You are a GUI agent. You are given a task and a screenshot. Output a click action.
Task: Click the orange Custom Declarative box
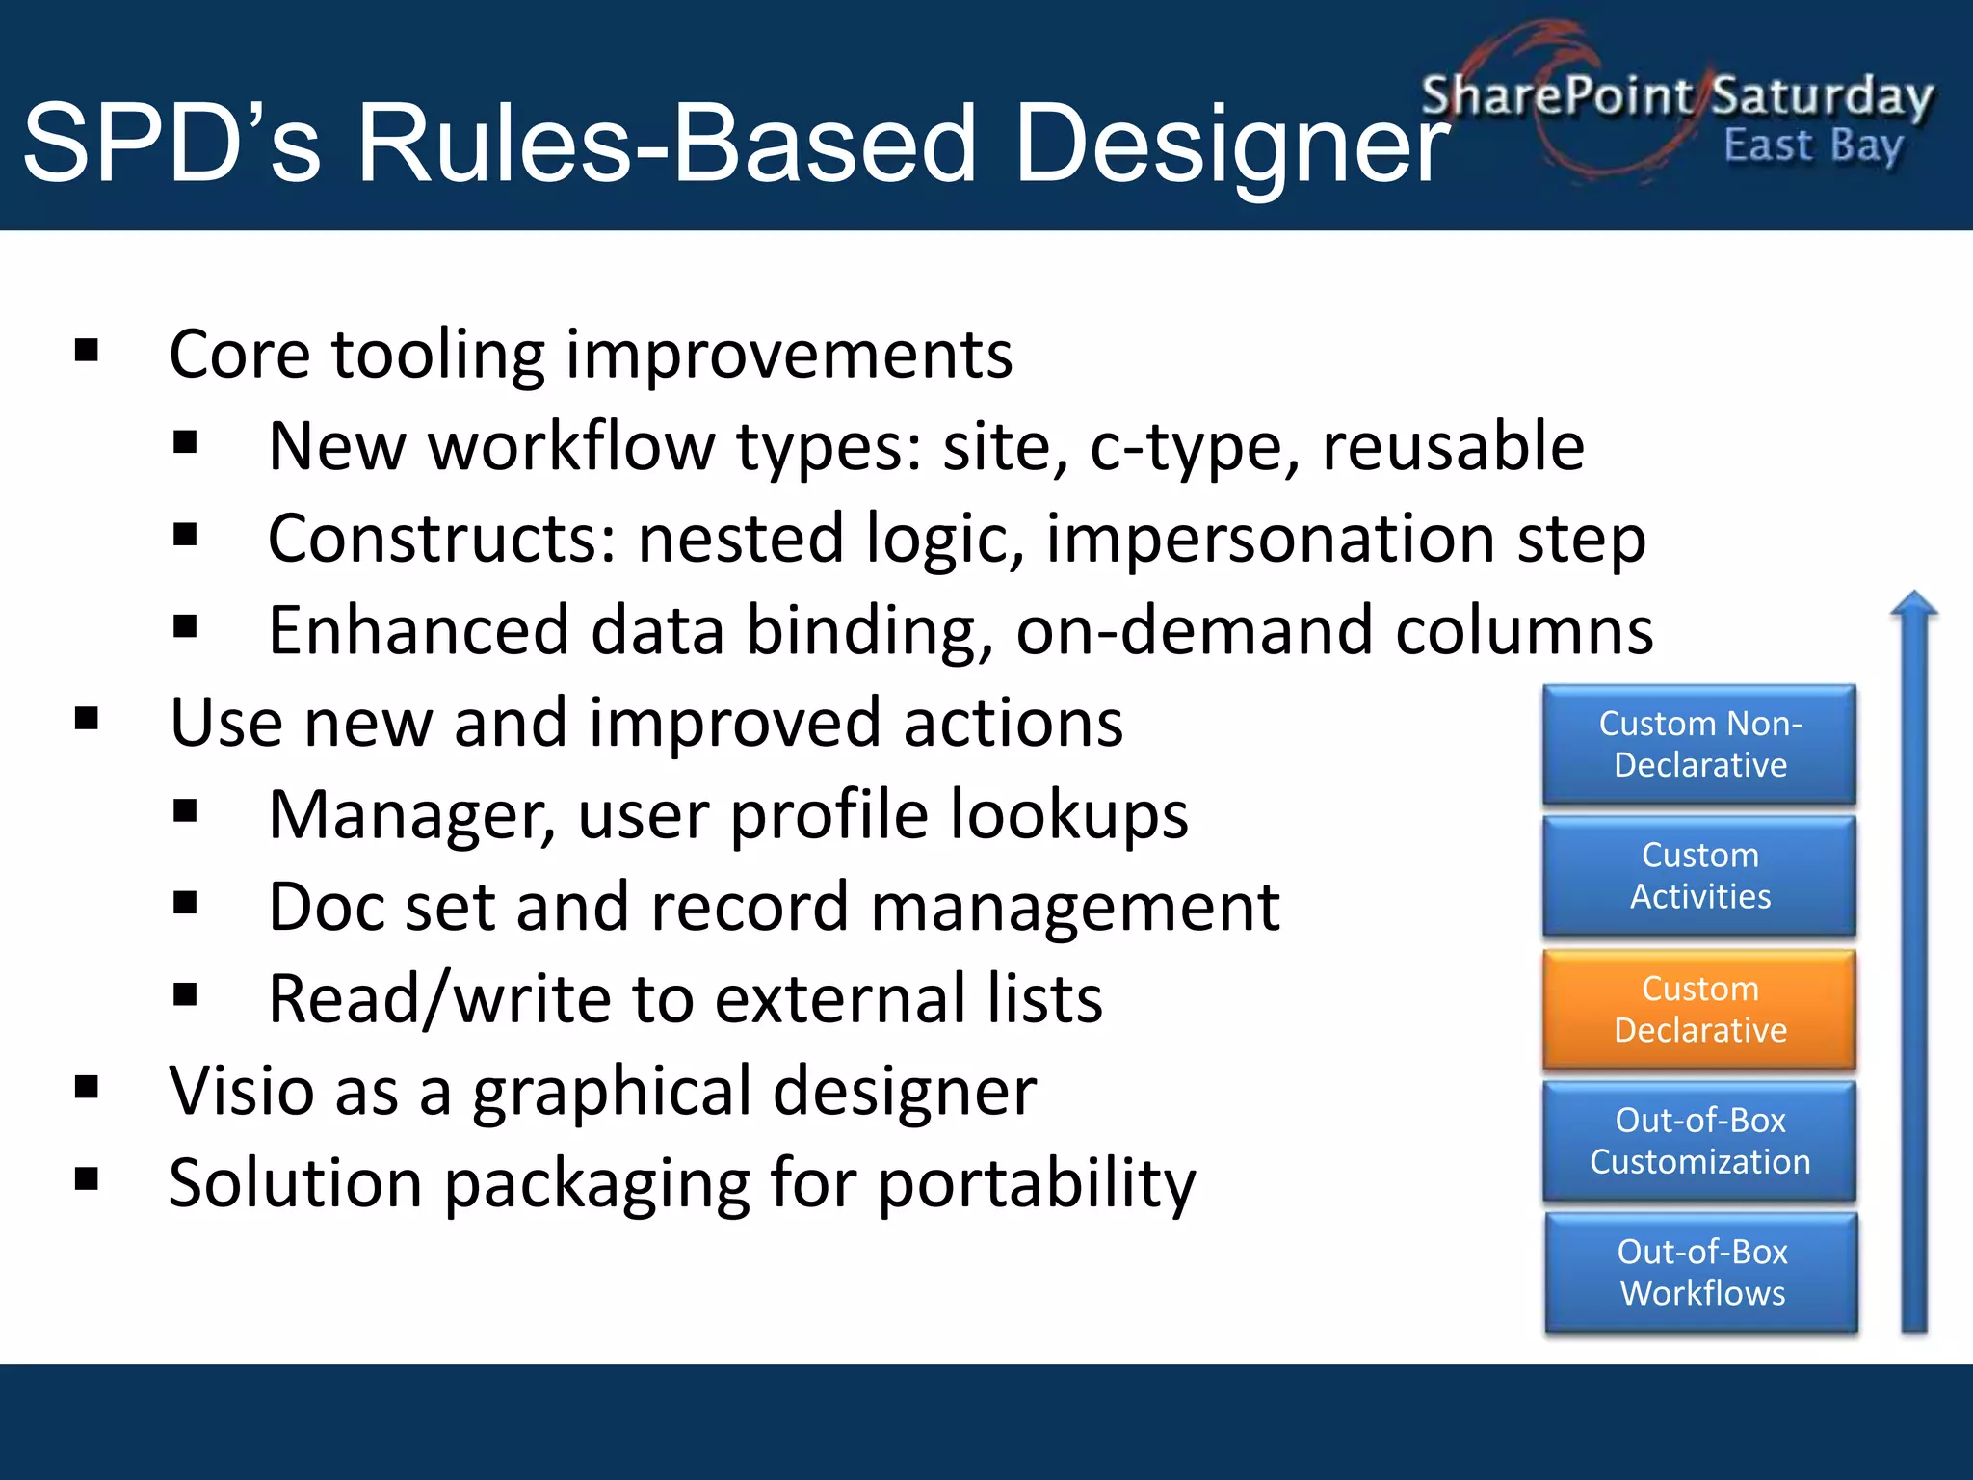tap(1699, 1009)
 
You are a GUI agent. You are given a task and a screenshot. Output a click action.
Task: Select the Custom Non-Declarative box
tap(1699, 744)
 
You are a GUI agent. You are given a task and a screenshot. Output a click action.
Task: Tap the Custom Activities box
tap(1699, 876)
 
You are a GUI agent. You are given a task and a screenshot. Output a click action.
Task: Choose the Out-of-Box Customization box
tap(1699, 1141)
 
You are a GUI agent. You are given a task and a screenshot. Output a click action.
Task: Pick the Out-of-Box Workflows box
tap(1701, 1272)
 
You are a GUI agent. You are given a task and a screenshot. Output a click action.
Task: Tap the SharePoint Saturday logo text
tap(1676, 96)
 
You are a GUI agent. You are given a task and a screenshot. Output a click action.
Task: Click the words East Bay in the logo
tap(1813, 146)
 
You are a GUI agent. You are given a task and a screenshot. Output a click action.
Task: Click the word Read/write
tap(439, 999)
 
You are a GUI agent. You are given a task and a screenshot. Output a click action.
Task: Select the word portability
tap(1037, 1183)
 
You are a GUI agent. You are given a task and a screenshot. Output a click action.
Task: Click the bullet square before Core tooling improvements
tap(87, 351)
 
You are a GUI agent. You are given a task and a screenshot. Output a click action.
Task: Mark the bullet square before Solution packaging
tap(87, 1178)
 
